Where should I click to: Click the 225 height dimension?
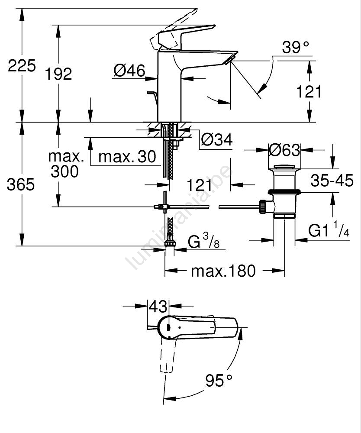click(22, 66)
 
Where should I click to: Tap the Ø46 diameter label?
click(129, 71)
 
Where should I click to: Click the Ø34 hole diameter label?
click(217, 139)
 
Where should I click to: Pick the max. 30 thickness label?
click(126, 157)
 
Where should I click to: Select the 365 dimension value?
click(21, 184)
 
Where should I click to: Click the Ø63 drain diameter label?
click(284, 150)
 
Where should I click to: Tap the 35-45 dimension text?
click(332, 181)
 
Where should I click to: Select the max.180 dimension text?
click(223, 271)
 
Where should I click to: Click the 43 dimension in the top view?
click(158, 307)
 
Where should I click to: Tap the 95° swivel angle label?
click(219, 381)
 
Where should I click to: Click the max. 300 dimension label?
click(64, 164)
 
